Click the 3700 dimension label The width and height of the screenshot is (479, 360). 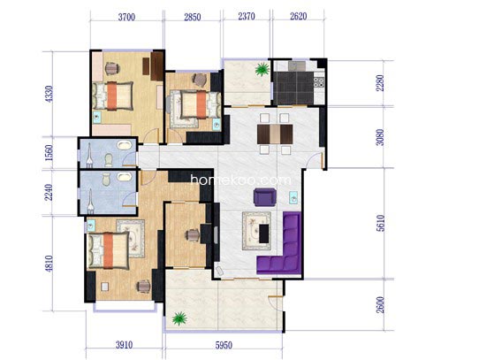(x=126, y=17)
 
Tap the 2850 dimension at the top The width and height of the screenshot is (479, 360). (x=193, y=17)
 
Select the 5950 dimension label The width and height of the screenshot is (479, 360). (x=224, y=345)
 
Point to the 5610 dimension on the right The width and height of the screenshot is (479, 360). (x=381, y=223)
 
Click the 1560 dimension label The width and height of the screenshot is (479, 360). (x=49, y=153)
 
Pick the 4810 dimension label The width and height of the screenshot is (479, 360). (x=49, y=264)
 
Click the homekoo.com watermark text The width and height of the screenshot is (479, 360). (x=240, y=180)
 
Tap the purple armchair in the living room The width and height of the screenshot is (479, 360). (x=265, y=197)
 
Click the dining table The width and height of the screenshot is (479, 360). (x=275, y=134)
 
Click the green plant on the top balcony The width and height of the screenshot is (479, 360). (x=262, y=69)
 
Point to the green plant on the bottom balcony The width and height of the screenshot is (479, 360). (x=179, y=318)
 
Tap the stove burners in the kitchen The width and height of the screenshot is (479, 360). (x=319, y=81)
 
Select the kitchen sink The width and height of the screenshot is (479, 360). (x=297, y=65)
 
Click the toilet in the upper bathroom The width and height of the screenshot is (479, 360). (x=109, y=160)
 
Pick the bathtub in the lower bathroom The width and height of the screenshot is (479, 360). (x=125, y=177)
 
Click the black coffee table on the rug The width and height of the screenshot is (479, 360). (x=264, y=234)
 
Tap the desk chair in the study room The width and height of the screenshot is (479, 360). (x=192, y=235)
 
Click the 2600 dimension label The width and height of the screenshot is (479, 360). (x=381, y=304)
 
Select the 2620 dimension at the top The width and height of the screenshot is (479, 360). (x=298, y=16)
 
